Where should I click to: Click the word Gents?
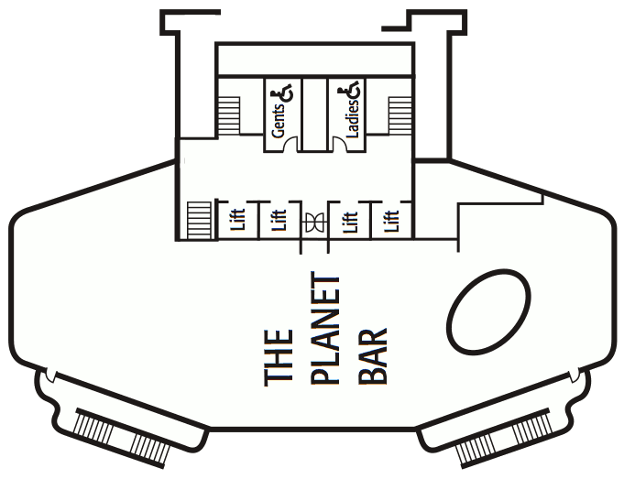click(x=279, y=121)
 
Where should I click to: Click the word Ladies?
click(x=353, y=118)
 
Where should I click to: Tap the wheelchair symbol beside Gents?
click(x=282, y=93)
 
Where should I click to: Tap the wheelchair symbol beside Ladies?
click(x=349, y=89)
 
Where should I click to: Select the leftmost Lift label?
click(x=239, y=220)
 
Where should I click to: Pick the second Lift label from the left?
click(x=279, y=220)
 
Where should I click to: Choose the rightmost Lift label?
click(x=391, y=222)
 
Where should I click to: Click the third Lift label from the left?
click(x=351, y=222)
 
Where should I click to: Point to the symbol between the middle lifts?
click(x=314, y=222)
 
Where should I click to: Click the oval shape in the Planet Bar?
click(x=488, y=312)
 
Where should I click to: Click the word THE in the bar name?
click(x=279, y=358)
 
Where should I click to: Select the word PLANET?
click(x=325, y=329)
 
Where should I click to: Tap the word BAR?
click(x=373, y=356)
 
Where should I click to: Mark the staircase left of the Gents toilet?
click(x=229, y=115)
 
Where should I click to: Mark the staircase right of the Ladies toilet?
click(x=400, y=115)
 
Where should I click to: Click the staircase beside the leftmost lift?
click(x=199, y=221)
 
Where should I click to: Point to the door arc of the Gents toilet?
click(x=291, y=143)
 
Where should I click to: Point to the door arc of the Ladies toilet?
click(x=340, y=143)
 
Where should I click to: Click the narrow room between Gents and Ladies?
click(x=315, y=114)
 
